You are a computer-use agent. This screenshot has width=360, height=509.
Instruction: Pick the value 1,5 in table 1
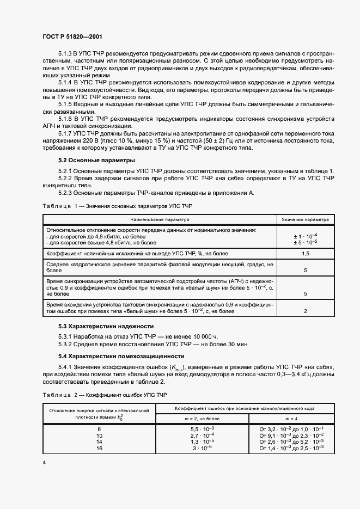point(305,253)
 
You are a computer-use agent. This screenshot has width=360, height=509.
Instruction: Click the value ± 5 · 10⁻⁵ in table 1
point(305,242)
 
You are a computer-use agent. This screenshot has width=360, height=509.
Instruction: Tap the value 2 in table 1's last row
point(305,311)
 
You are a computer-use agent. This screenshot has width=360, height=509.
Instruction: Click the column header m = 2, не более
point(202,418)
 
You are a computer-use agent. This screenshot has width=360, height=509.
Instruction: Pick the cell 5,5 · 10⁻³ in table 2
point(202,428)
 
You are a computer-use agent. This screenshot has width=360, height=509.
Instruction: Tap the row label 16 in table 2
point(99,447)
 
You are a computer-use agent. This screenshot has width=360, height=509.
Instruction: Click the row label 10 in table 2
point(99,435)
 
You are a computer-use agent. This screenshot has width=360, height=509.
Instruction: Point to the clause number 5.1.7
point(66,132)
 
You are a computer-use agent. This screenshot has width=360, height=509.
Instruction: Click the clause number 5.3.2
point(66,344)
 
